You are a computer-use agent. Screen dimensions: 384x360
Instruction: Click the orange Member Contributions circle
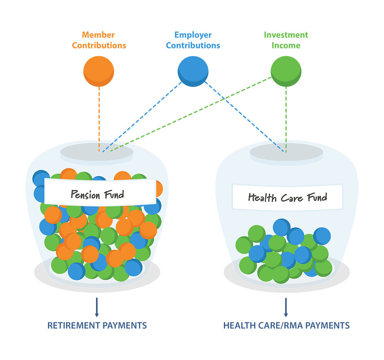point(99,71)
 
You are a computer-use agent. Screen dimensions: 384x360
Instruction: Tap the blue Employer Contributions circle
point(193,71)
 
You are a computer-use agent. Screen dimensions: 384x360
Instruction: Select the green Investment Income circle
point(286,71)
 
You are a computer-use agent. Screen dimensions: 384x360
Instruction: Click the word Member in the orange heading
point(98,35)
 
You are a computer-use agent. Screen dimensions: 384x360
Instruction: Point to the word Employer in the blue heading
point(193,35)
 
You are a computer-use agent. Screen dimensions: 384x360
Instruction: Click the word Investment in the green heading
point(286,35)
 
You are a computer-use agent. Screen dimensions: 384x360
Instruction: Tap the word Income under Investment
point(286,45)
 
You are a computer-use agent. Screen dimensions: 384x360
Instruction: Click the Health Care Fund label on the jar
point(288,197)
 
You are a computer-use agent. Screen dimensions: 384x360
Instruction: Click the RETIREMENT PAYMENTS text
point(97,325)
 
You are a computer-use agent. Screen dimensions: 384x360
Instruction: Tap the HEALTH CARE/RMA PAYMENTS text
point(286,325)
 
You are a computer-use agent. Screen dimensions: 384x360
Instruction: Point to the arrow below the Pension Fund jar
point(97,307)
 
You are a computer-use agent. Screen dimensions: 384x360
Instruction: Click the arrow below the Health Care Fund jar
point(286,307)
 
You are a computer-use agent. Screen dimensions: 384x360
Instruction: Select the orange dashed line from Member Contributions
point(99,119)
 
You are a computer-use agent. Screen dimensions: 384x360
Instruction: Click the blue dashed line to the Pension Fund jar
point(142,117)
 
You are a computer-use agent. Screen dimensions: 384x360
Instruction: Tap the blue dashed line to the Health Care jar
point(245,117)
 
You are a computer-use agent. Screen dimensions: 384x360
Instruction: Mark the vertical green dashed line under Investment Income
point(286,119)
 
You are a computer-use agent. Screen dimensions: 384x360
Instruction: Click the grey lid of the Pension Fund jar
point(97,152)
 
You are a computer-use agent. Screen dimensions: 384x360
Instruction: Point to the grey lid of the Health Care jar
point(286,152)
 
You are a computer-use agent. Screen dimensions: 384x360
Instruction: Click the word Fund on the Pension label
point(114,194)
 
